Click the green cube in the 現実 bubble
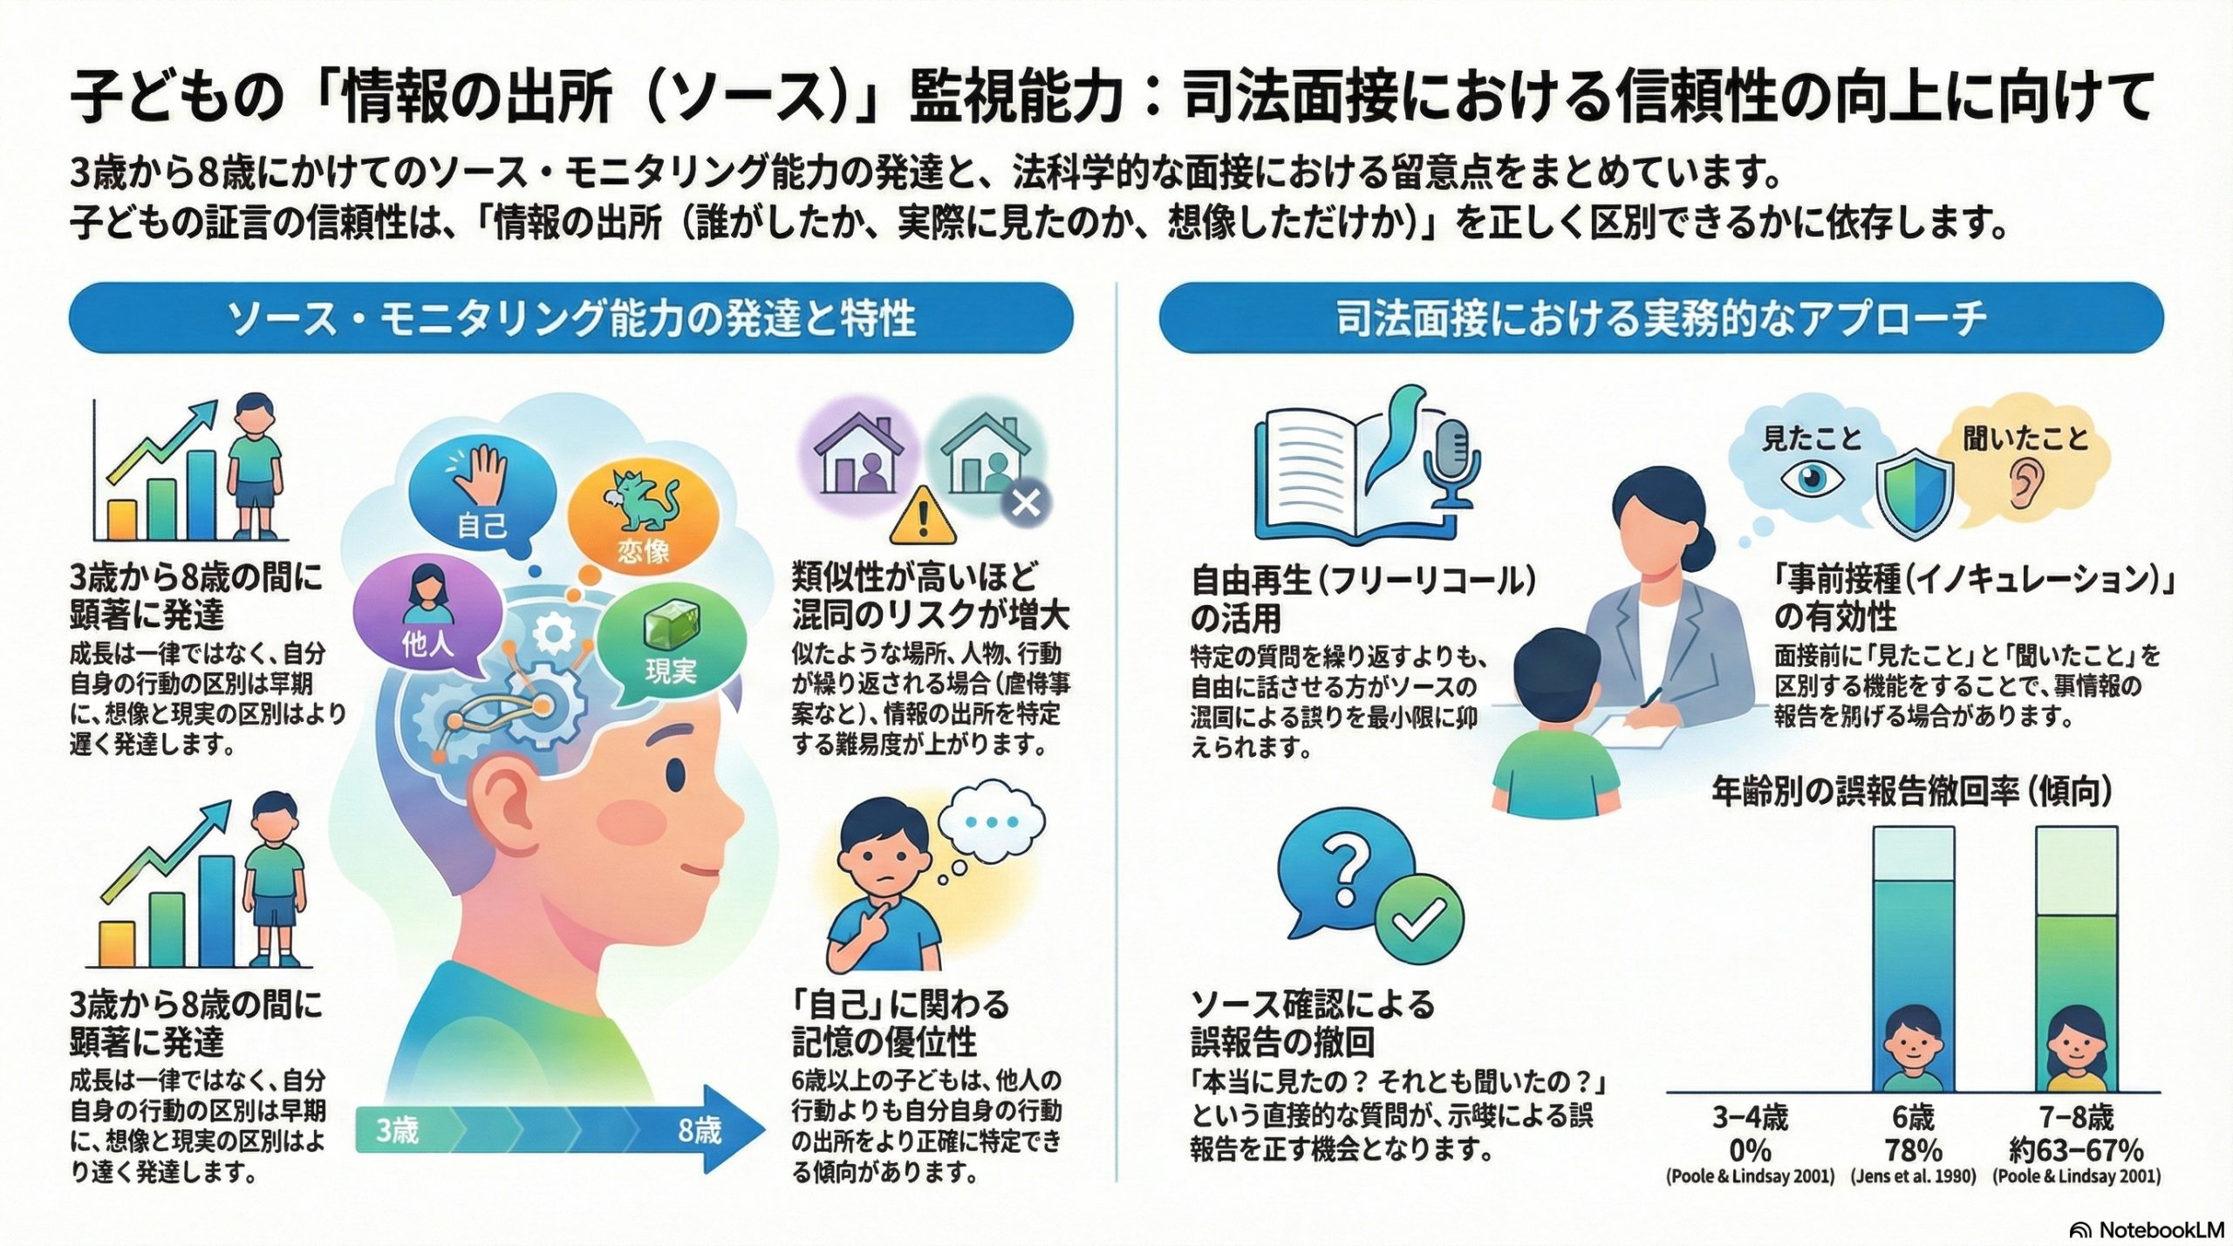[x=666, y=626]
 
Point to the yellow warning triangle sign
[x=922, y=516]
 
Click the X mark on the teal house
[x=1026, y=503]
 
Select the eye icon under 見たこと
[x=1812, y=479]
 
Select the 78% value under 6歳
[x=1913, y=1148]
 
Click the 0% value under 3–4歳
[x=1750, y=1148]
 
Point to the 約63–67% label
[x=2076, y=1148]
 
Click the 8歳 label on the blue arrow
[x=700, y=1131]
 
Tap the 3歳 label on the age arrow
[x=397, y=1131]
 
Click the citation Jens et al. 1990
[x=1913, y=1176]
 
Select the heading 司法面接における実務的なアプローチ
[x=1661, y=318]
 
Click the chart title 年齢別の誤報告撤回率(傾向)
[x=1911, y=792]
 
